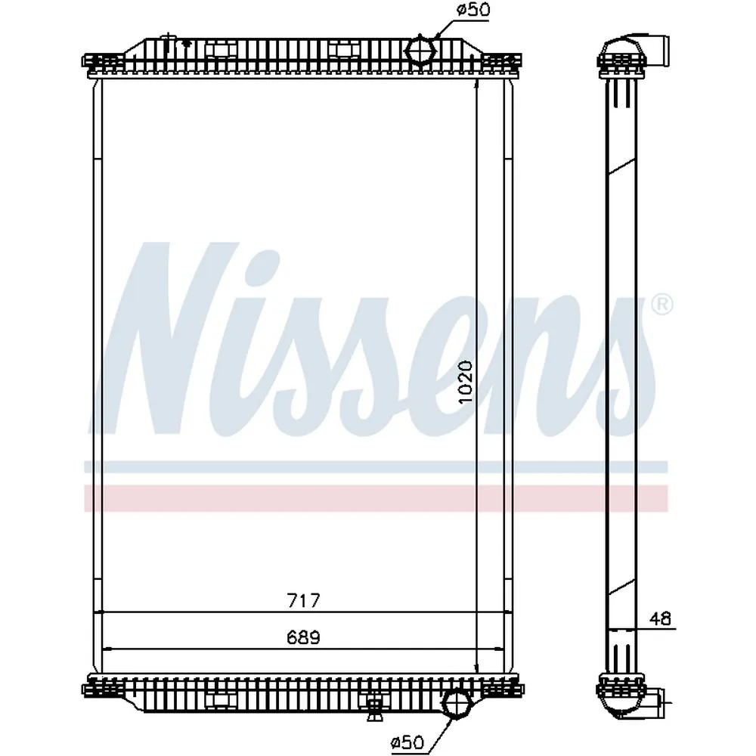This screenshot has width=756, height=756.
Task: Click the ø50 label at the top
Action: pos(473,10)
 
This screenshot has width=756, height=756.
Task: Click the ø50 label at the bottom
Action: pos(408,742)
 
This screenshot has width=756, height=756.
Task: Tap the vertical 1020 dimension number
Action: pos(466,383)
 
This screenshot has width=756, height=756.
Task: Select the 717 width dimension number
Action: pos(303,600)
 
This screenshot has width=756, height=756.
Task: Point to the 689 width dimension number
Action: pos(303,638)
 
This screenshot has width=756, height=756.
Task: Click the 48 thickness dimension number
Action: pos(660,618)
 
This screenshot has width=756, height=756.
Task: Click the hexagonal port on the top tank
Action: pos(420,50)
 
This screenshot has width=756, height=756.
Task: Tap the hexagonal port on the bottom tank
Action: pos(455,703)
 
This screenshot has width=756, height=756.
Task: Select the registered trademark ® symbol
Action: pos(662,305)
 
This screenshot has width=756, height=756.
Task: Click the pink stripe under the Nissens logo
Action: pos(376,498)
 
